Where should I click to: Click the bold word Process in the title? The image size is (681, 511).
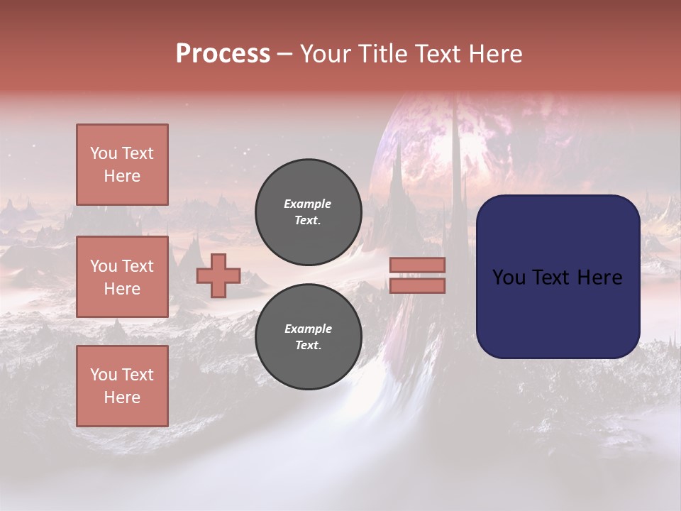coord(223,54)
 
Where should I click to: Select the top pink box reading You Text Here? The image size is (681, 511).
coord(122,165)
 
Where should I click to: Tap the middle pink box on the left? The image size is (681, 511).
coord(122,277)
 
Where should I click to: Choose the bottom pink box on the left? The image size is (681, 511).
coord(122,386)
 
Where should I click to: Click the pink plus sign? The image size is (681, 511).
coord(218,275)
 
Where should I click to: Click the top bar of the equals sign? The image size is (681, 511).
coord(417,265)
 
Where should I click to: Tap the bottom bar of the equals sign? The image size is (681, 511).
coord(417,285)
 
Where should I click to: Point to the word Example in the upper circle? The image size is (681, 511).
coord(308,204)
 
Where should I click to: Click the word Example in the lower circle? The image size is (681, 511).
coord(308,329)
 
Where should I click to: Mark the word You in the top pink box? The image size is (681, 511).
coord(104,153)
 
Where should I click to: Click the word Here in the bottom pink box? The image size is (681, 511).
coord(122,397)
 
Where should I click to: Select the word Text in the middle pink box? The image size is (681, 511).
coord(137,266)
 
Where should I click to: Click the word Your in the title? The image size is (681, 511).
coord(325,54)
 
